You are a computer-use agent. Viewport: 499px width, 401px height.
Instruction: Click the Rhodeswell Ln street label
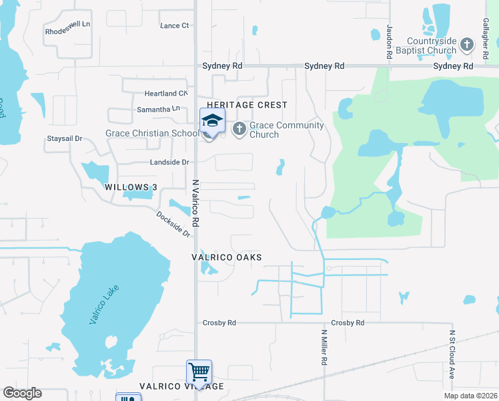point(67,31)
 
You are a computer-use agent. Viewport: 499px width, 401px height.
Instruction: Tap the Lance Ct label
point(175,25)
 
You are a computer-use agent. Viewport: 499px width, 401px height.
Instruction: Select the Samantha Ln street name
point(158,108)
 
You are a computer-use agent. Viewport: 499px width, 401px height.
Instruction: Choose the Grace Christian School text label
point(153,133)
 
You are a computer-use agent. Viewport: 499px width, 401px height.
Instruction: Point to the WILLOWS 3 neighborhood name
point(130,188)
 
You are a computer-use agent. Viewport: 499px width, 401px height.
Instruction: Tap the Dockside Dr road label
point(173,224)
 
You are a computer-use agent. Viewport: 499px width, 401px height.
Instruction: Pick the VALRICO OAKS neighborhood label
point(226,257)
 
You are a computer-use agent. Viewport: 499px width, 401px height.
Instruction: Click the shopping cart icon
point(199,370)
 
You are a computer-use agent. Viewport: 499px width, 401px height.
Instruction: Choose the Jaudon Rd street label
point(389,39)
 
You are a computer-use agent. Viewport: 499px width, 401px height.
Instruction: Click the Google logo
point(22,393)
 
